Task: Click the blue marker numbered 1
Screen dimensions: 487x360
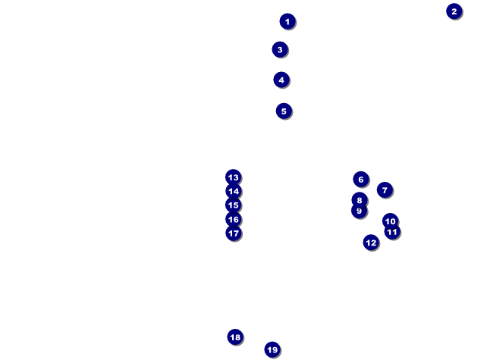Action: click(x=287, y=21)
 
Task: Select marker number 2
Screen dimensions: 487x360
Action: click(x=454, y=11)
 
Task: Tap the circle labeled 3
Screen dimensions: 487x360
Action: click(x=280, y=49)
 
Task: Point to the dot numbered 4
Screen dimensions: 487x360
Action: click(x=281, y=80)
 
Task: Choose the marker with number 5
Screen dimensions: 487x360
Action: click(x=284, y=111)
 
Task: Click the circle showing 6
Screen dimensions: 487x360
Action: click(x=361, y=179)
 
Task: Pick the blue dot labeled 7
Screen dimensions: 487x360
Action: click(x=385, y=190)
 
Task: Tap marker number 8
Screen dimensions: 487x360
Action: click(x=360, y=200)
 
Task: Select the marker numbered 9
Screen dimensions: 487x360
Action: click(x=359, y=211)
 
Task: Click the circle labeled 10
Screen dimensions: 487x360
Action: click(x=390, y=221)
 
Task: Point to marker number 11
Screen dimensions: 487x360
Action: click(x=392, y=232)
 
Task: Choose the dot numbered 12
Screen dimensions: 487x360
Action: click(x=371, y=243)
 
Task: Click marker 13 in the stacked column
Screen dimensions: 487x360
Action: click(x=233, y=177)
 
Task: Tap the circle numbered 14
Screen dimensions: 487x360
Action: click(x=234, y=191)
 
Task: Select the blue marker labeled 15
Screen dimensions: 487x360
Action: click(x=233, y=205)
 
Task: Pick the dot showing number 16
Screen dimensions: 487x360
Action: click(x=234, y=220)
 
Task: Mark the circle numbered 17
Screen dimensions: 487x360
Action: click(x=234, y=233)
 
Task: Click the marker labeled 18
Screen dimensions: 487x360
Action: click(x=235, y=337)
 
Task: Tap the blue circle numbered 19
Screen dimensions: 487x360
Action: click(x=272, y=349)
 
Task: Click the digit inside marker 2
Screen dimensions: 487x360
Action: click(x=454, y=11)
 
